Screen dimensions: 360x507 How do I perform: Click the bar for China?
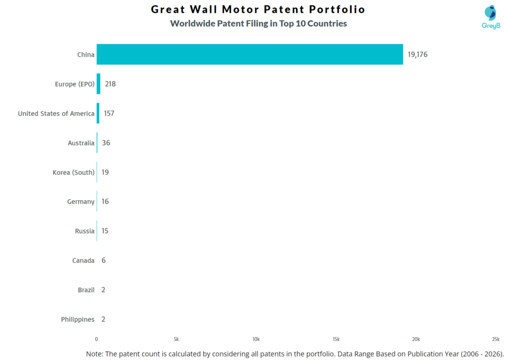click(x=250, y=54)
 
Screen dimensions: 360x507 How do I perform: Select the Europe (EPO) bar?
click(x=99, y=84)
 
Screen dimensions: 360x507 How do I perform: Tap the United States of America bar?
click(x=98, y=113)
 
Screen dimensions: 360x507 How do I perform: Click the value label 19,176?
click(x=417, y=54)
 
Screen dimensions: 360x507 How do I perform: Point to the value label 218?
click(x=110, y=84)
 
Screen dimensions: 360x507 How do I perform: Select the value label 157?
click(x=109, y=113)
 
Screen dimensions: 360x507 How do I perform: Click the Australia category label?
click(x=81, y=143)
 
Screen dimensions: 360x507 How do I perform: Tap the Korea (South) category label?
click(x=74, y=172)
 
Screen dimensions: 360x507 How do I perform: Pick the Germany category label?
click(x=81, y=202)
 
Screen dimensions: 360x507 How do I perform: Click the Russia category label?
click(x=85, y=231)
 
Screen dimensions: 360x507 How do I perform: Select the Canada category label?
click(x=83, y=260)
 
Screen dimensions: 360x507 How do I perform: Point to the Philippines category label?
click(x=78, y=319)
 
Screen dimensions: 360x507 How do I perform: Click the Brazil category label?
click(x=86, y=290)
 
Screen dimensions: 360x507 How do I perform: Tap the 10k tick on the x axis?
click(x=256, y=339)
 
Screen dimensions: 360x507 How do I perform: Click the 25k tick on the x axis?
click(x=496, y=339)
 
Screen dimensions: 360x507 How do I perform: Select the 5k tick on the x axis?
click(x=176, y=339)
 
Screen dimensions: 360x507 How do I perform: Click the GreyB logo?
click(x=491, y=17)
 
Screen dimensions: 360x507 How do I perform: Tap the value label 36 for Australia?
click(x=106, y=143)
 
